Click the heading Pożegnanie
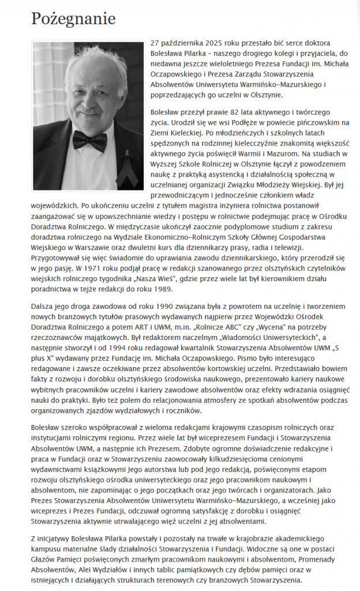point(73,18)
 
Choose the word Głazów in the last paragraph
point(43,559)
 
